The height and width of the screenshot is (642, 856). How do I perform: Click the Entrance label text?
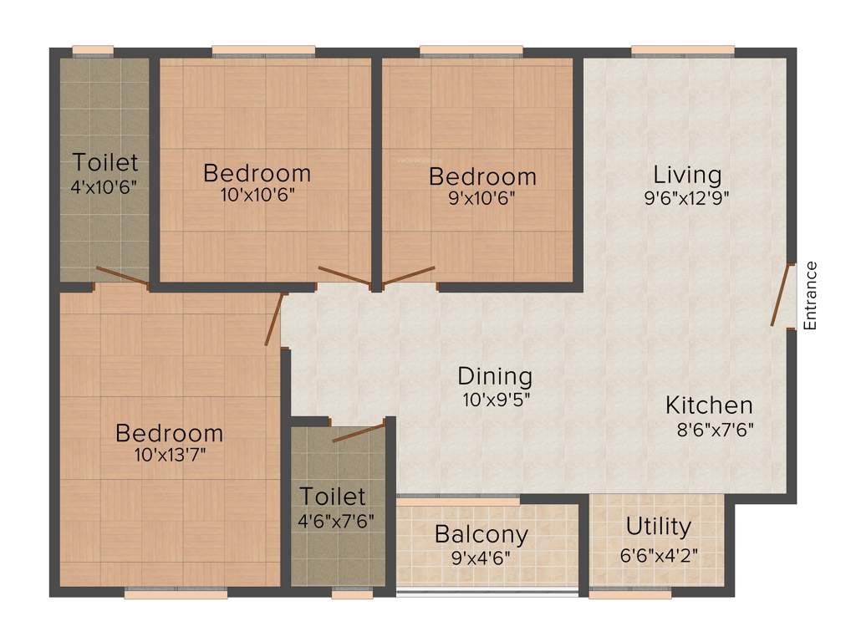[x=809, y=296]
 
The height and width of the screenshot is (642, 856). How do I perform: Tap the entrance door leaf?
[x=783, y=295]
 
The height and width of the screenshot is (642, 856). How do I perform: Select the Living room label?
[x=687, y=176]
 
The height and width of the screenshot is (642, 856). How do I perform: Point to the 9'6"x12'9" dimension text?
[x=687, y=198]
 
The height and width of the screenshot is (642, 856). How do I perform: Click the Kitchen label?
[x=709, y=406]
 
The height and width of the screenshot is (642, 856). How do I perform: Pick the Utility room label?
[x=659, y=527]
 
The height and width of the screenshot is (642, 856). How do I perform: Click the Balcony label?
[x=481, y=534]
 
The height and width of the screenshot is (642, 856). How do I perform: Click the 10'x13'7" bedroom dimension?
[x=170, y=456]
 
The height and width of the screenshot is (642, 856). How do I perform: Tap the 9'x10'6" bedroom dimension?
[x=482, y=198]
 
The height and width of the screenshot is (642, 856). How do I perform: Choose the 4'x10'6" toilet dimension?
[x=104, y=185]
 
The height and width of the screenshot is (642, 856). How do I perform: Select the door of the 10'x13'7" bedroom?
[x=273, y=319]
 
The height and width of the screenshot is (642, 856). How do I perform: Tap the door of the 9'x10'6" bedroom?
[x=409, y=276]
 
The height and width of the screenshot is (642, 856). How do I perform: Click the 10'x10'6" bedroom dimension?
[x=257, y=196]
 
